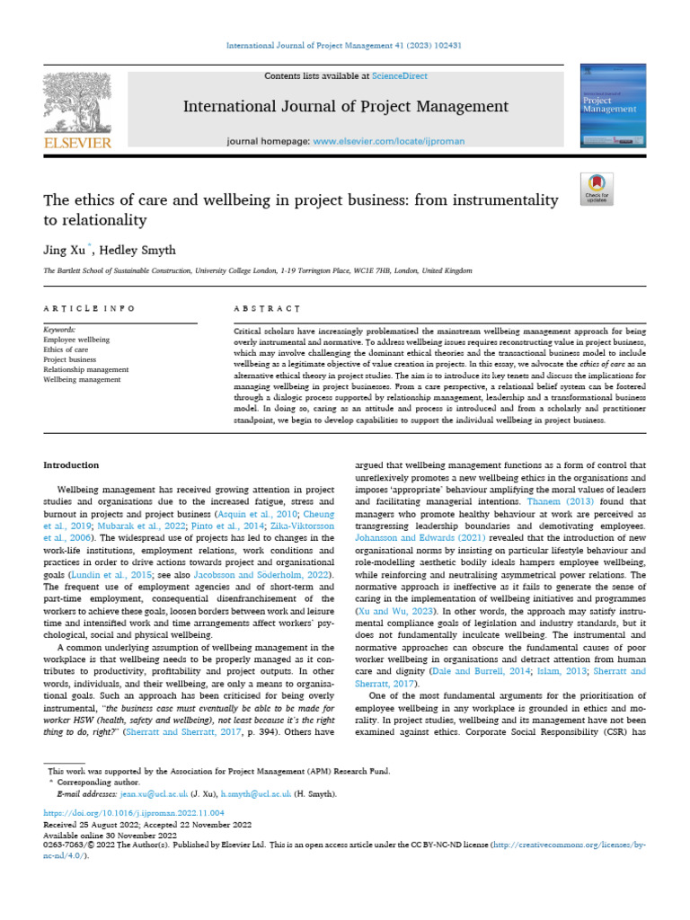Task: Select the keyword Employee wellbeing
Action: (x=76, y=340)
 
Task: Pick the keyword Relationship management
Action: (x=86, y=369)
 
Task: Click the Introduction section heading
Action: (x=72, y=464)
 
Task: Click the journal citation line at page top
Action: (x=344, y=46)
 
